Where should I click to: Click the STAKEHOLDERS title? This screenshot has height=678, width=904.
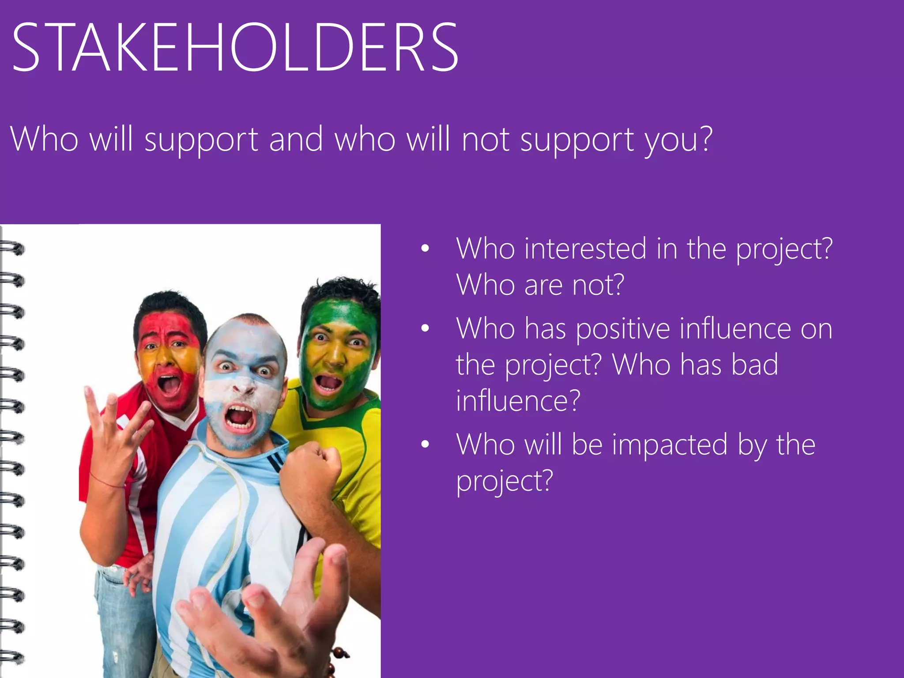click(x=235, y=48)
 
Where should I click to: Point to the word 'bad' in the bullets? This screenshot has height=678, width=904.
click(x=754, y=365)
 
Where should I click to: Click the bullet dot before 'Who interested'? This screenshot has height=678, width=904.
click(x=425, y=249)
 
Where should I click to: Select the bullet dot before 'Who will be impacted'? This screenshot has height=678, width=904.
click(x=425, y=444)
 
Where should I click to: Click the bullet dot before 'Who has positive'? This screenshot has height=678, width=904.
click(x=425, y=328)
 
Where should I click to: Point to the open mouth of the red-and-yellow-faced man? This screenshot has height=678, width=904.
click(x=169, y=385)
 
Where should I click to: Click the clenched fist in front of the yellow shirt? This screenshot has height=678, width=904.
click(x=311, y=468)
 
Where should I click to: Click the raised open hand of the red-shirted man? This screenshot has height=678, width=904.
click(x=116, y=424)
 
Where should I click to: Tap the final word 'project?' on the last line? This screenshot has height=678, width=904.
click(x=505, y=481)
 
